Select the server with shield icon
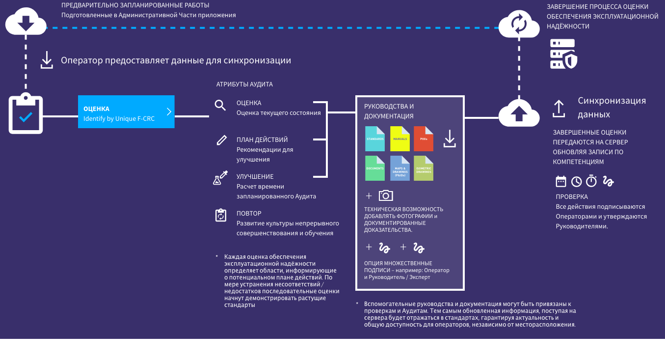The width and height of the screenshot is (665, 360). coord(563,54)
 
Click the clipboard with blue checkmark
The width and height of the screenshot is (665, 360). coord(26,114)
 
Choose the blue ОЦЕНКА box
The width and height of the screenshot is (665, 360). coord(126,111)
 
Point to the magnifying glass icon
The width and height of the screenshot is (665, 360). coord(220,105)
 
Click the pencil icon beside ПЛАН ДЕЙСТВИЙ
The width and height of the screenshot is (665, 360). coord(221,140)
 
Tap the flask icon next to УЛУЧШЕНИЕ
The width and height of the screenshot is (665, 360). coord(220,177)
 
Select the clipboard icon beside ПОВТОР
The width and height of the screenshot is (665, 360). coord(221,216)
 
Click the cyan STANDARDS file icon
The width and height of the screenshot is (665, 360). coord(375,138)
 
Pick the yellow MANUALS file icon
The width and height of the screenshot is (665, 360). coord(399,138)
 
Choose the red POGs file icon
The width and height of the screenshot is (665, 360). coord(424,138)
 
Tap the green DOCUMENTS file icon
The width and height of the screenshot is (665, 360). coord(375,168)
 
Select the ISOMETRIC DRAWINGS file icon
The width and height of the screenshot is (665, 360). coord(424,168)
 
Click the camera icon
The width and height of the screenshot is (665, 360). coord(386,195)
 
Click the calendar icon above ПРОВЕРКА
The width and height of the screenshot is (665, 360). coord(560,181)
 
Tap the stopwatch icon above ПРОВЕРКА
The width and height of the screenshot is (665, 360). coord(592,181)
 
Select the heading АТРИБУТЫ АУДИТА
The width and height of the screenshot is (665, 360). coord(244,84)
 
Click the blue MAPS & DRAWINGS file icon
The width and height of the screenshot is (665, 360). coord(399,168)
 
